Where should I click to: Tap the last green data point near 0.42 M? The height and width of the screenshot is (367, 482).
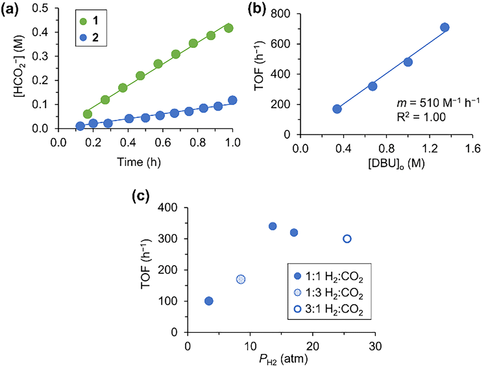tap(229, 28)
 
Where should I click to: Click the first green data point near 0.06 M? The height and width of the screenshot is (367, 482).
tap(88, 114)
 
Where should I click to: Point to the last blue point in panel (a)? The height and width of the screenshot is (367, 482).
tap(232, 100)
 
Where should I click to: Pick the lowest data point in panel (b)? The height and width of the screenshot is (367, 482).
tap(337, 109)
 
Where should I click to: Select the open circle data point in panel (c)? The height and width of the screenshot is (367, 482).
tap(347, 239)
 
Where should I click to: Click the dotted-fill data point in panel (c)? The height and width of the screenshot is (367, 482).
tap(241, 279)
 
